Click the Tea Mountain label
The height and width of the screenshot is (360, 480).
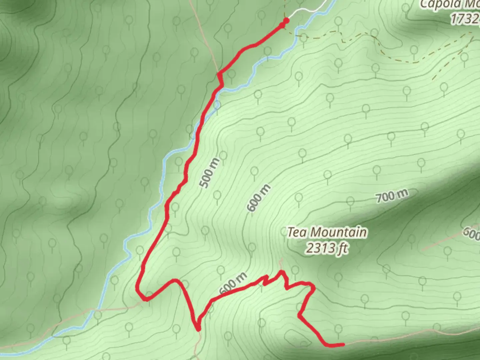(x=327, y=232)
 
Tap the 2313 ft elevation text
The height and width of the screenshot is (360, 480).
(x=327, y=248)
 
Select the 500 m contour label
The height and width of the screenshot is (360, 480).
(x=209, y=173)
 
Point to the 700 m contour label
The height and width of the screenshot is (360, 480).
(x=392, y=196)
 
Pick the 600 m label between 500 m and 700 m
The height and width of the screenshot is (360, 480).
(x=259, y=198)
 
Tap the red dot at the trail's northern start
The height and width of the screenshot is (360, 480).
(x=286, y=21)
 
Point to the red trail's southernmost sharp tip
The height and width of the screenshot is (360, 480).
(x=199, y=329)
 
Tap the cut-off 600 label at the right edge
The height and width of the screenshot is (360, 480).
(x=472, y=233)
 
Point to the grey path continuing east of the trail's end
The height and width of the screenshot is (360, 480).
(x=400, y=338)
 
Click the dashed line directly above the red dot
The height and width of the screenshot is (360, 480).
(x=286, y=8)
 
